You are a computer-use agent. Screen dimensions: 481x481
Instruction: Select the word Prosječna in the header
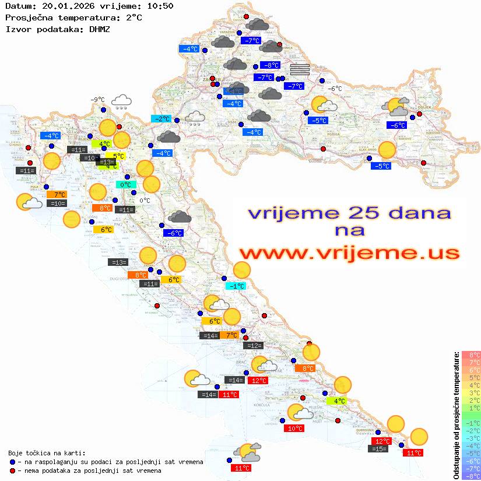pos(28,17)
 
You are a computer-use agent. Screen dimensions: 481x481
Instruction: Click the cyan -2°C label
pos(160,118)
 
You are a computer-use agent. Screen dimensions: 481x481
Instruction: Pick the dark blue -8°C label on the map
pos(270,65)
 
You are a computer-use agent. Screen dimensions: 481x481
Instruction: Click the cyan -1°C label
pos(236,286)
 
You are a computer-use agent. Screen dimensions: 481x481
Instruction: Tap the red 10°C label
pos(294,428)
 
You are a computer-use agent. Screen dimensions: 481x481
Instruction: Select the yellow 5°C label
pos(116,156)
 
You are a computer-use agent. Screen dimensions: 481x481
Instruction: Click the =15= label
pos(378,448)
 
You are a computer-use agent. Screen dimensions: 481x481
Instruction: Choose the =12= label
pos(253,346)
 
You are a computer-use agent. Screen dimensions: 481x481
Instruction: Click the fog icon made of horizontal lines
pos(300,69)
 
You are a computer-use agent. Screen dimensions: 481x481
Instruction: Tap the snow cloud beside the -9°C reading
pos(121,102)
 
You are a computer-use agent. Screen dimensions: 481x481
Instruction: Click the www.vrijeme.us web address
pos(349,253)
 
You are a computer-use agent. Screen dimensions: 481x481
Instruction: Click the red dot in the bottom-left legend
pos(13,470)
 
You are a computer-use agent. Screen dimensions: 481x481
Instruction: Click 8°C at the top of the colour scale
pos(471,354)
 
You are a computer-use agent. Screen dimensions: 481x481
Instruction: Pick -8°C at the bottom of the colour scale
pos(471,476)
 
